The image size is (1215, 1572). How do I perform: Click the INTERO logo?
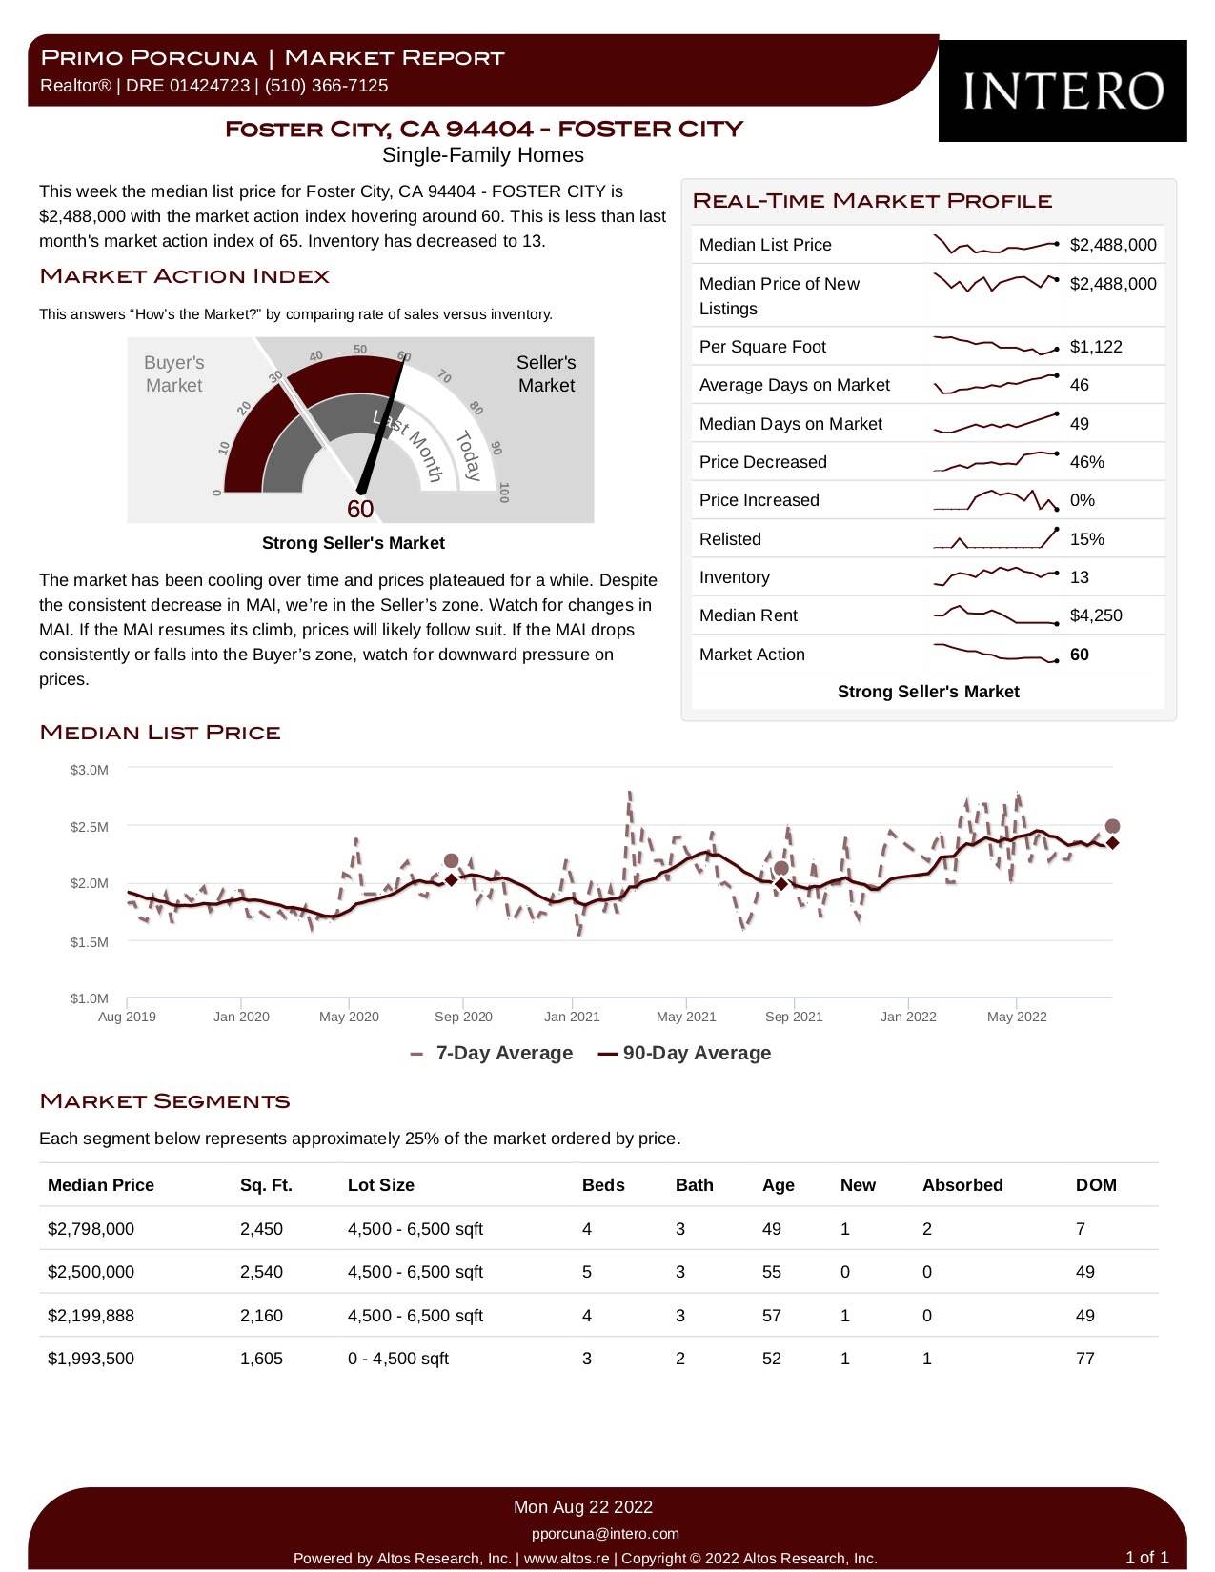click(x=1063, y=91)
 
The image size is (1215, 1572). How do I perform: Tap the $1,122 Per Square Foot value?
click(x=1096, y=347)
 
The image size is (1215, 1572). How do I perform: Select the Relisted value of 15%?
click(x=1087, y=539)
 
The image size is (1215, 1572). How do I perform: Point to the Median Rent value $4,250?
click(x=1096, y=615)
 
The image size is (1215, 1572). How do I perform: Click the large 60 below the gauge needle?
click(x=360, y=509)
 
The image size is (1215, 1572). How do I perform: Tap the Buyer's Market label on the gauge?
click(x=173, y=373)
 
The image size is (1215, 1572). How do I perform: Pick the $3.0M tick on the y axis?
click(x=89, y=770)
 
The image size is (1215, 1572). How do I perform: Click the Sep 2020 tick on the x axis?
click(x=463, y=1017)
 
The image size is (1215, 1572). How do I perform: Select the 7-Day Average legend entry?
click(x=492, y=1053)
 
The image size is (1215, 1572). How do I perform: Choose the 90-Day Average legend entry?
click(x=684, y=1053)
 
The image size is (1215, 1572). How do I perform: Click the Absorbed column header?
click(x=962, y=1185)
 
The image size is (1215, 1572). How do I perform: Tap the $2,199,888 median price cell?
click(x=91, y=1315)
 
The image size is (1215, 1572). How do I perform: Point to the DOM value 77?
click(x=1084, y=1358)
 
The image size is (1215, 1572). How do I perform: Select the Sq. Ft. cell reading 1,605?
click(x=261, y=1358)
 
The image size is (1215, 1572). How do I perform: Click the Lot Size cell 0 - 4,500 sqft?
click(x=398, y=1358)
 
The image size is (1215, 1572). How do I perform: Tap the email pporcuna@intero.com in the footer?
click(x=605, y=1533)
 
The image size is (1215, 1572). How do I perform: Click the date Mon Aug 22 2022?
click(x=582, y=1507)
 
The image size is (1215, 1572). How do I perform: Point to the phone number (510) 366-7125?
click(x=326, y=86)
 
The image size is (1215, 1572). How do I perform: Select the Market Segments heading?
click(x=164, y=1101)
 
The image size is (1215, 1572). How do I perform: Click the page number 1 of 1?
click(x=1147, y=1557)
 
